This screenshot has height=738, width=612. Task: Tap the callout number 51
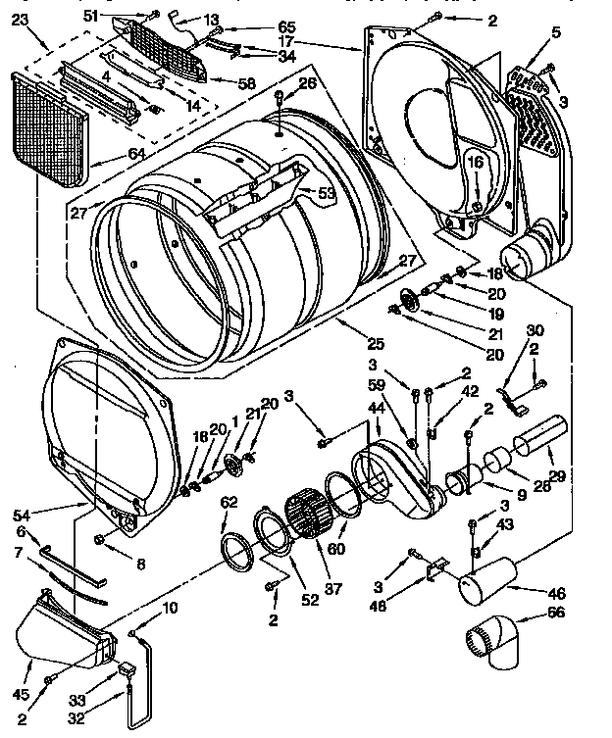click(119, 14)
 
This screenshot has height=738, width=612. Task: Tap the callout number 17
click(286, 42)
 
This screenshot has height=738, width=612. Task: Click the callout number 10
click(170, 608)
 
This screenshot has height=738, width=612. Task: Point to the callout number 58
click(247, 84)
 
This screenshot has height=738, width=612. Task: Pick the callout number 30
click(535, 330)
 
